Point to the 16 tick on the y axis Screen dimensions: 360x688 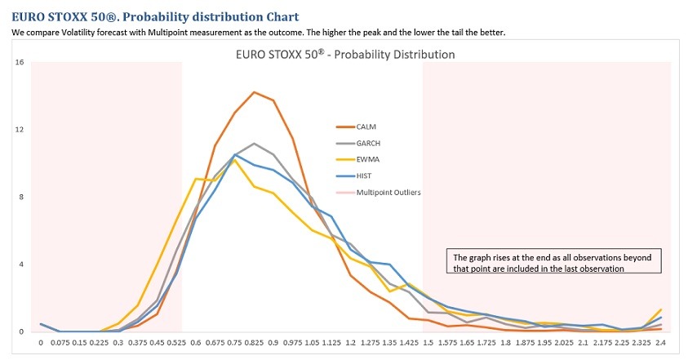20,62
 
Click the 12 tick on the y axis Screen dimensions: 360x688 20,130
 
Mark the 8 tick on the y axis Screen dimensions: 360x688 21,197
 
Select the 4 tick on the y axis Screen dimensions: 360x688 21,264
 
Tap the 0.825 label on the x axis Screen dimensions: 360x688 254,344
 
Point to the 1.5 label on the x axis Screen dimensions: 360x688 429,344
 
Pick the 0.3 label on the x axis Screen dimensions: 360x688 118,344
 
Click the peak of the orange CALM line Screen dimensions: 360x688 254,92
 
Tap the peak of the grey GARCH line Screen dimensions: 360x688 254,144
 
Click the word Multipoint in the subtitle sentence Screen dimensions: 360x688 180,33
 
